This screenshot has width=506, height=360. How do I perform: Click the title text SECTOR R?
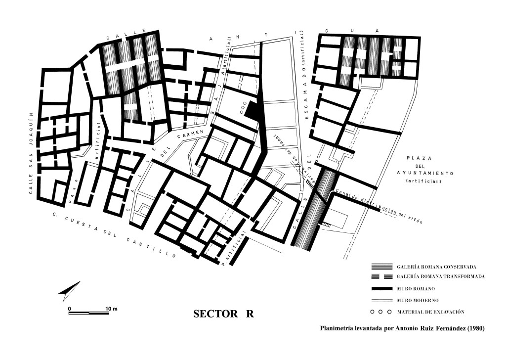click(223, 315)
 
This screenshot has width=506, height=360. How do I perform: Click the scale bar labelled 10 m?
click(88, 313)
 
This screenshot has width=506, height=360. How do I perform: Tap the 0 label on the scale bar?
click(70, 309)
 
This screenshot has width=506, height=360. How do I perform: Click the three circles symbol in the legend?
click(381, 312)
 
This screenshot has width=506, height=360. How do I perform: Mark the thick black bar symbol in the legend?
click(381, 288)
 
